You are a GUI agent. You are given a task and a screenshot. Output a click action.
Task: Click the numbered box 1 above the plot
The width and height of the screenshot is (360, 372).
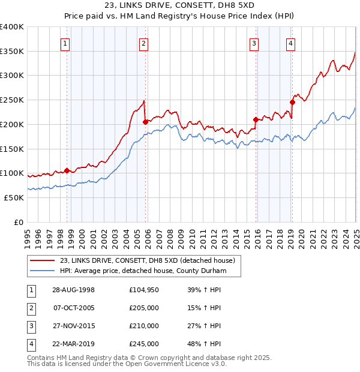64,43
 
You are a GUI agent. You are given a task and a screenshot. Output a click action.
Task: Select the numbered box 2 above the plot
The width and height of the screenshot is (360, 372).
144,43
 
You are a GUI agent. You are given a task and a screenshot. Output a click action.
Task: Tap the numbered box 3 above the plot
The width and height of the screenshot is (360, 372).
254,43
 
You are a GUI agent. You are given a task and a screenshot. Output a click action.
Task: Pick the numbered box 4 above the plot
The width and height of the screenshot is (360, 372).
290,43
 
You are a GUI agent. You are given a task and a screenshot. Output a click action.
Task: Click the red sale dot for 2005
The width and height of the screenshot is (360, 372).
145,122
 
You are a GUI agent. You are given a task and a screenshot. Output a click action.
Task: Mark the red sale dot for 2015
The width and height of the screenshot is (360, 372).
256,119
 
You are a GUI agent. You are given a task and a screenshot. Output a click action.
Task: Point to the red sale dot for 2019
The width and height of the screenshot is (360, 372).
292,102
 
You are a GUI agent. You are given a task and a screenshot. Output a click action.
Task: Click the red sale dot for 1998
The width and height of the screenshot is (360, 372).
67,170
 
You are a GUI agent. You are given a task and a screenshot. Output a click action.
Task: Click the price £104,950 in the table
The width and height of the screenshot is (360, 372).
144,290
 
